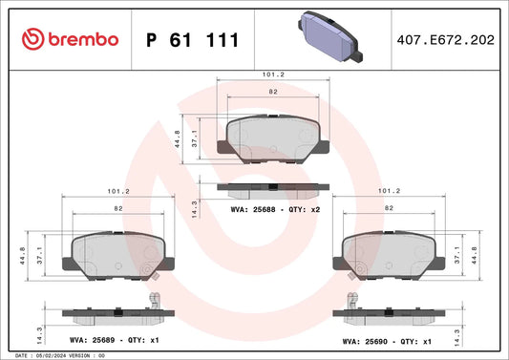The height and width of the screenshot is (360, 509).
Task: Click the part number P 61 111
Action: click(192, 39)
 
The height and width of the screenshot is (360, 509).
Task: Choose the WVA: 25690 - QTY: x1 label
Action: click(389, 340)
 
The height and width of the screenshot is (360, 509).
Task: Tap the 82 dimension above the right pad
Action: click(389, 207)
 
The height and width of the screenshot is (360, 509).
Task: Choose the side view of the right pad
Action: click(389, 313)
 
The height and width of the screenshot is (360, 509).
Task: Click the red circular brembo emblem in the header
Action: click(32, 39)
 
